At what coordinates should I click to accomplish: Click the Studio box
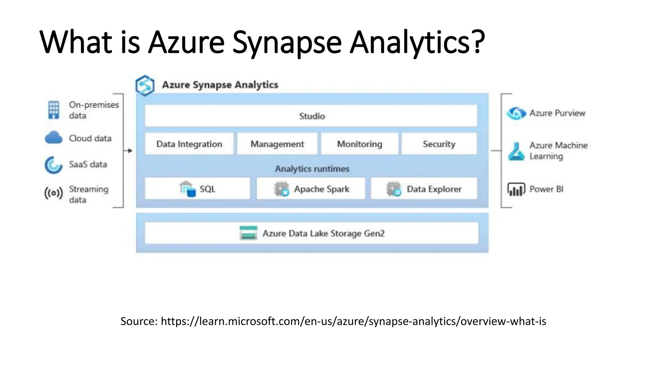coord(311,116)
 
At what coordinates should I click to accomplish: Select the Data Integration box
coord(189,144)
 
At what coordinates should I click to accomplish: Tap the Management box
coord(277,144)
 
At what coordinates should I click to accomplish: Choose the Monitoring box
coord(359,144)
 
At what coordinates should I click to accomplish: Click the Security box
coord(439,144)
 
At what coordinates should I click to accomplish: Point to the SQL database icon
coord(187,189)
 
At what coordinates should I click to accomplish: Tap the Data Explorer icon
coord(394,189)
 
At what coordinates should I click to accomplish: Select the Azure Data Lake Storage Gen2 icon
coord(248,233)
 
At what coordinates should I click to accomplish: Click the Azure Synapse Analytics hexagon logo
coord(145,86)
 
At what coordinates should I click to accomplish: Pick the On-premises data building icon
coord(53,110)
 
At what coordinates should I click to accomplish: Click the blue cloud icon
coord(53,138)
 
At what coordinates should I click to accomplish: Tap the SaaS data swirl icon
coord(53,165)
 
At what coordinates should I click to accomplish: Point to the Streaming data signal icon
coord(53,193)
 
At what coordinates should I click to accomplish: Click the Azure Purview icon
coord(516,113)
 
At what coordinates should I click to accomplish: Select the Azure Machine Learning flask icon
coord(516,152)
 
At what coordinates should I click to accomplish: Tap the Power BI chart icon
coord(516,189)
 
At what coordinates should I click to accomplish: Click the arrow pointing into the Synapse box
coord(129,151)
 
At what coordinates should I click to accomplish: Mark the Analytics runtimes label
coord(312,169)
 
